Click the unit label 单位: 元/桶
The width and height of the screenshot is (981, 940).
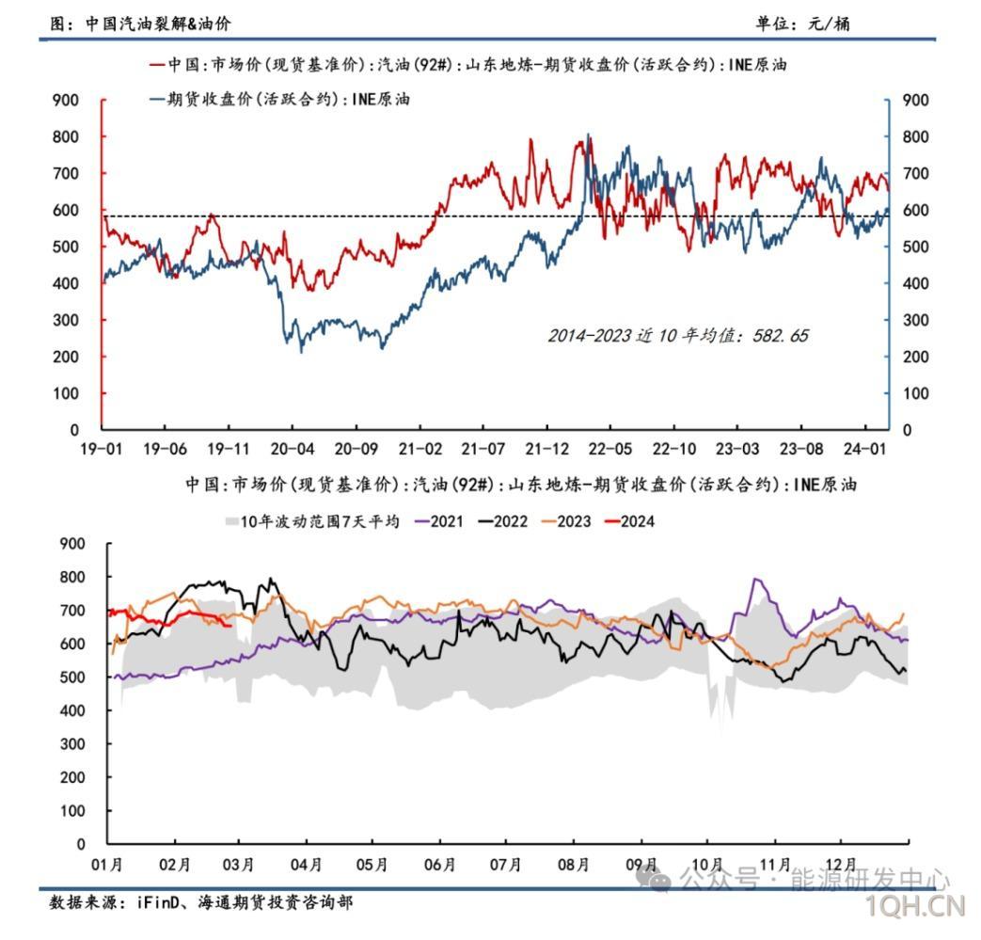(x=802, y=24)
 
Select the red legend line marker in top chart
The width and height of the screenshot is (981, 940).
(x=157, y=65)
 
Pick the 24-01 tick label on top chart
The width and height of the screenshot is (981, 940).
(x=867, y=449)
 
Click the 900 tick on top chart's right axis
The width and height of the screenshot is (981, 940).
(x=914, y=101)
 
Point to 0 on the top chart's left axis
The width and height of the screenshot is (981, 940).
(x=75, y=430)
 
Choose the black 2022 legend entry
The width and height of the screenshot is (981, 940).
(x=500, y=520)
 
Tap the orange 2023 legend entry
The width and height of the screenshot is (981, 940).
(x=563, y=520)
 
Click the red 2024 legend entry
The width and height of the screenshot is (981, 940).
(x=626, y=520)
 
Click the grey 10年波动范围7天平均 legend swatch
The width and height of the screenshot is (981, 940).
(x=230, y=520)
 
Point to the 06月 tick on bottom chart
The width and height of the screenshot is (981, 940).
(x=440, y=865)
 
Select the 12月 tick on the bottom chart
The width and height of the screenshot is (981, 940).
(x=840, y=865)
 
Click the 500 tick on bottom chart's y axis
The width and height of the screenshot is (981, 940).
(x=72, y=677)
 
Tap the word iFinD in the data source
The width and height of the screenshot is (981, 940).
(x=154, y=902)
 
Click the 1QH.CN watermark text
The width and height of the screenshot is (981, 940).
(x=916, y=906)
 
